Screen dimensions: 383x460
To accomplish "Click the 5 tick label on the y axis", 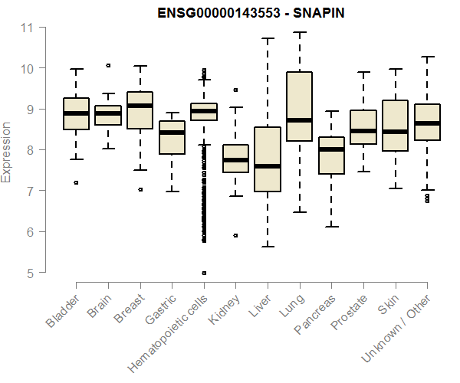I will [30, 273].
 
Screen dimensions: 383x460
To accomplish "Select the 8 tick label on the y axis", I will [30, 150].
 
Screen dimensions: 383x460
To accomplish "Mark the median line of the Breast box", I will [140, 106].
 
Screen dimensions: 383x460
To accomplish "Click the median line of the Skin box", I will [395, 131].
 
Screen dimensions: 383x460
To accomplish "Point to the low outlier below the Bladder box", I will [76, 182].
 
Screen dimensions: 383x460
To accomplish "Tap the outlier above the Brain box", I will [108, 66].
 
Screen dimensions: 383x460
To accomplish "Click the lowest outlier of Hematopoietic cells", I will [204, 273].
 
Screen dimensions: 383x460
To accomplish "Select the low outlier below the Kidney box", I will [235, 235].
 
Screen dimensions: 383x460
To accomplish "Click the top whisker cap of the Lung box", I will [299, 32].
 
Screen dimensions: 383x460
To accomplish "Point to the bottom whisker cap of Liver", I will [268, 247].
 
